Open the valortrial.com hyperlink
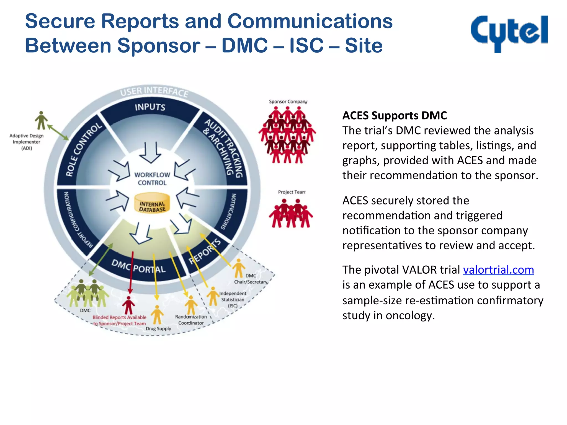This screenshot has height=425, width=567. click(498, 270)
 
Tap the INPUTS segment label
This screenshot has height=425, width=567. click(150, 107)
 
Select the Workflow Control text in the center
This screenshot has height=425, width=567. click(152, 179)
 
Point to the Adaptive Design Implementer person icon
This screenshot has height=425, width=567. click(41, 120)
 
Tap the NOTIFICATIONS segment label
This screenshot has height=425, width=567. click(229, 212)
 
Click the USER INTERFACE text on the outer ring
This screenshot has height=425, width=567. click(154, 91)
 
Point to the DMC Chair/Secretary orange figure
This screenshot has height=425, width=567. click(239, 268)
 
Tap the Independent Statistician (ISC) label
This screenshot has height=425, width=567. click(233, 299)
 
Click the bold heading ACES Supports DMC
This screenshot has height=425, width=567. click(394, 116)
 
